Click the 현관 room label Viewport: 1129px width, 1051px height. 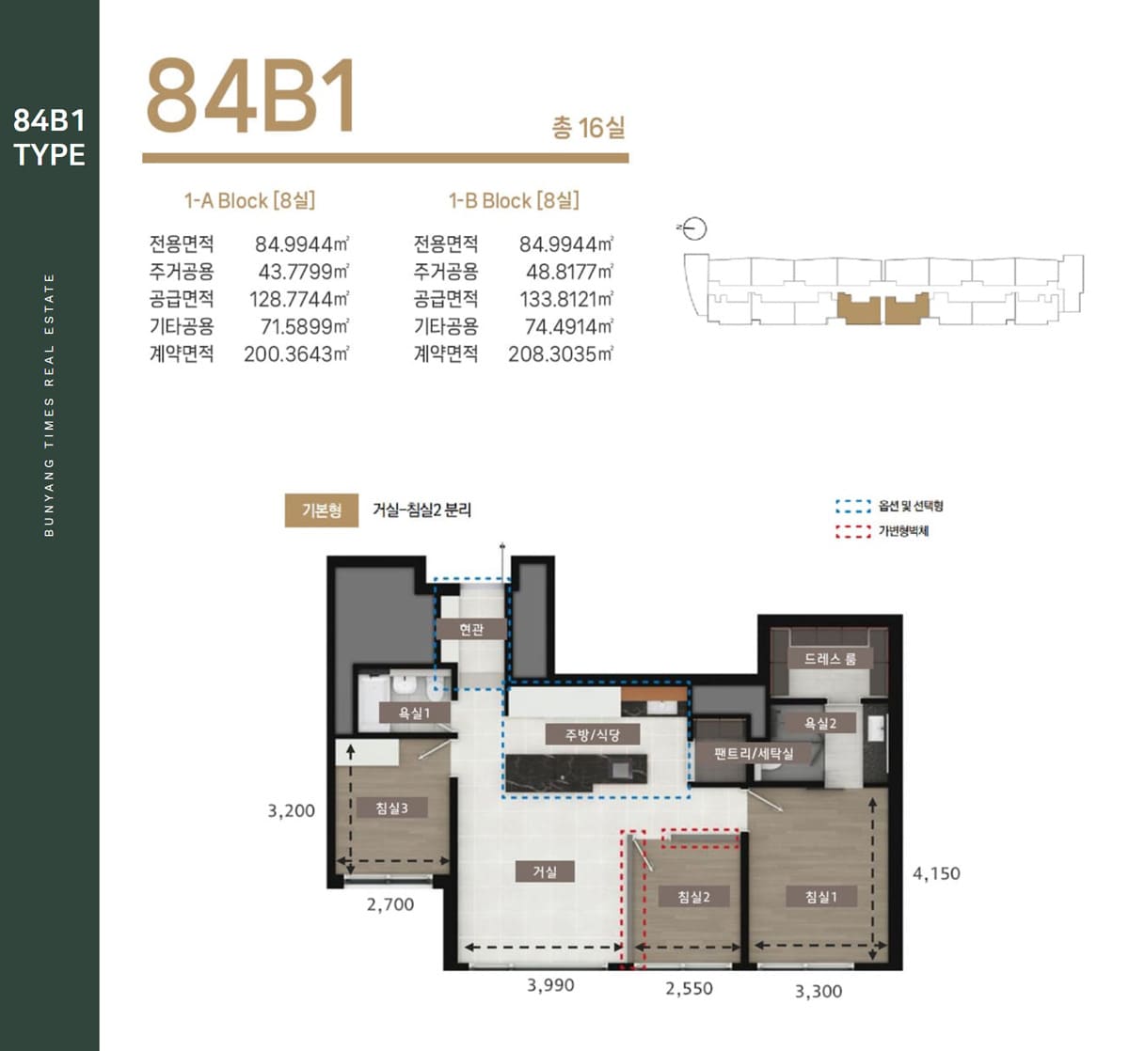click(471, 629)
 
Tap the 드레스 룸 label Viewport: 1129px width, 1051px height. click(830, 658)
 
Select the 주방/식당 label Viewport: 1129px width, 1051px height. click(593, 734)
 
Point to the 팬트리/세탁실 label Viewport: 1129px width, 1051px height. click(754, 754)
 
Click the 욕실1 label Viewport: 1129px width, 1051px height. click(414, 713)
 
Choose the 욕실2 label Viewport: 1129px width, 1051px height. click(820, 723)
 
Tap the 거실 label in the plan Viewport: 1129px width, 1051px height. click(545, 871)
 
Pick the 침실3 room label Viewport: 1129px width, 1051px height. click(392, 808)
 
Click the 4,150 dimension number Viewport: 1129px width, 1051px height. click(936, 873)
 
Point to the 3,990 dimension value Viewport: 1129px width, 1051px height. click(550, 984)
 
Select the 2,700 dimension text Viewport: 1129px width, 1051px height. click(390, 903)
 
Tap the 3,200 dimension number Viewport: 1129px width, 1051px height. click(291, 810)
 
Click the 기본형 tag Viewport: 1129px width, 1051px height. click(322, 510)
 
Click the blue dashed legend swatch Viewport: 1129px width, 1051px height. click(853, 506)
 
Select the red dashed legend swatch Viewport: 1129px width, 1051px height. click(853, 532)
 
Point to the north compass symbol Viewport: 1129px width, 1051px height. click(693, 229)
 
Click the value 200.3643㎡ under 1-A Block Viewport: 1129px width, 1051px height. click(296, 353)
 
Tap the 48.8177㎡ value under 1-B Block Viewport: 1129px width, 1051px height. click(569, 272)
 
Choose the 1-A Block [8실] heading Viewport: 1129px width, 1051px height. click(249, 200)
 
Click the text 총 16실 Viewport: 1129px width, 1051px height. click(588, 127)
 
